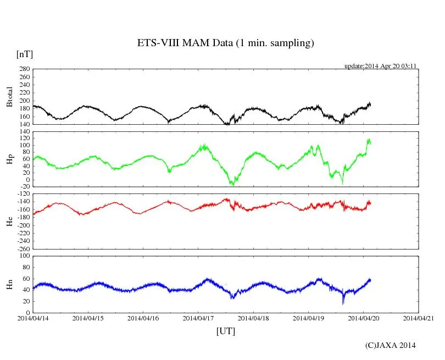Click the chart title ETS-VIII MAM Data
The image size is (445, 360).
pyautogui.click(x=225, y=43)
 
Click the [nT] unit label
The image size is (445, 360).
pyautogui.click(x=24, y=54)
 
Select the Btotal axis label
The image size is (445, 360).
pyautogui.click(x=9, y=97)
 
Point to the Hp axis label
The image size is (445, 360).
pyautogui.click(x=9, y=159)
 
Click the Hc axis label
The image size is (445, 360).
pyautogui.click(x=9, y=221)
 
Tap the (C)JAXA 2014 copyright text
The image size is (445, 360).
pyautogui.click(x=390, y=345)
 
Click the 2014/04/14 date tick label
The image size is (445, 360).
pyautogui.click(x=33, y=318)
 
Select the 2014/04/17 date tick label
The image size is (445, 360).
pyautogui.click(x=198, y=318)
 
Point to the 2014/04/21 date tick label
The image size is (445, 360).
pyautogui.click(x=419, y=318)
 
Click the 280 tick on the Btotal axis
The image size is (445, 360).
pyautogui.click(x=24, y=69)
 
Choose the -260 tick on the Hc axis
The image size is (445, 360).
pyautogui.click(x=23, y=248)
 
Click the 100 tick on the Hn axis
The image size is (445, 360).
pyautogui.click(x=24, y=256)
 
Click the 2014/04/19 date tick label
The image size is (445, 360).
pyautogui.click(x=308, y=318)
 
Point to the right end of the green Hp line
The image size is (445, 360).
pyautogui.click(x=370, y=143)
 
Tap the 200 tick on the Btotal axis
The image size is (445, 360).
pyautogui.click(x=24, y=101)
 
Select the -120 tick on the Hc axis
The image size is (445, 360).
pyautogui.click(x=23, y=193)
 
